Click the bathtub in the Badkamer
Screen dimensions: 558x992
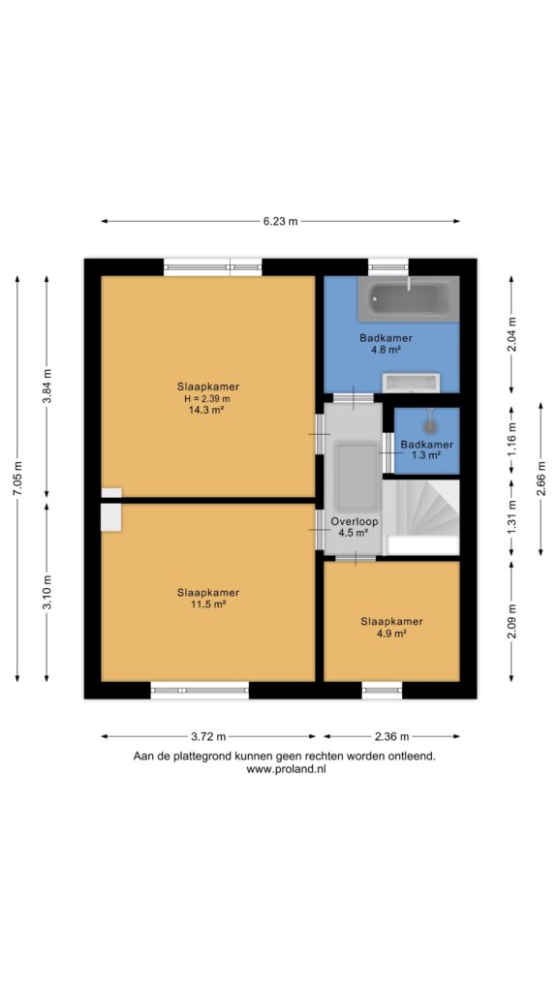pos(409,298)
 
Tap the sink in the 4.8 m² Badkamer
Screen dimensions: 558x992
pos(411,382)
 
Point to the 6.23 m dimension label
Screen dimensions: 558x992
pos(280,222)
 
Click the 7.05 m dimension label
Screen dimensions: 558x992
pos(17,479)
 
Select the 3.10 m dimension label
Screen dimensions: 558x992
pos(46,592)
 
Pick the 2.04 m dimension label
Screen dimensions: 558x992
pos(511,334)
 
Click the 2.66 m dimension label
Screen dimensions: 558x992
pos(541,479)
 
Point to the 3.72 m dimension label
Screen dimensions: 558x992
pos(208,736)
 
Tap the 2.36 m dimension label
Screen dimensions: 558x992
pos(391,736)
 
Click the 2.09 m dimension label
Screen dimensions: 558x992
pos(511,621)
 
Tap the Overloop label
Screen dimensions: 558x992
pos(355,522)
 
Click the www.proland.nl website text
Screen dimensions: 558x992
pos(285,769)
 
